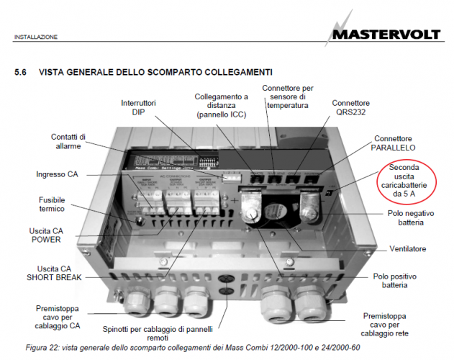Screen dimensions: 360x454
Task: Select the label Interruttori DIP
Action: click(x=138, y=107)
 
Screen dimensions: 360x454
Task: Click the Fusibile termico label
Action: click(x=61, y=204)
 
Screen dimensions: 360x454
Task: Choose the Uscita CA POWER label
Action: click(x=55, y=235)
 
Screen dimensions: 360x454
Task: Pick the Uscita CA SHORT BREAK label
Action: click(x=60, y=273)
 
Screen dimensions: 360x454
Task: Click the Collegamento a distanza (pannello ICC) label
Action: click(x=222, y=105)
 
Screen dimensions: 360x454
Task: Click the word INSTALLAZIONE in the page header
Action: click(x=36, y=37)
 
